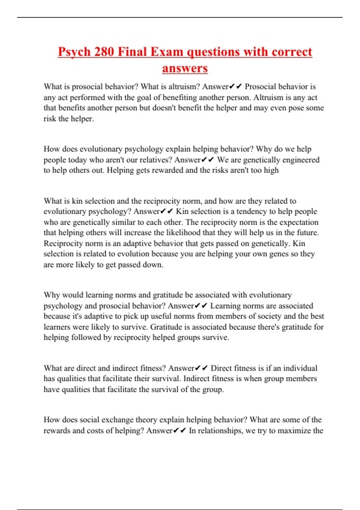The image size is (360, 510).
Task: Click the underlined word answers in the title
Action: click(185, 68)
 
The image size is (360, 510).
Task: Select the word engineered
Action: click(301, 160)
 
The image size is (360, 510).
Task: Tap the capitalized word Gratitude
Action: click(166, 327)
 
